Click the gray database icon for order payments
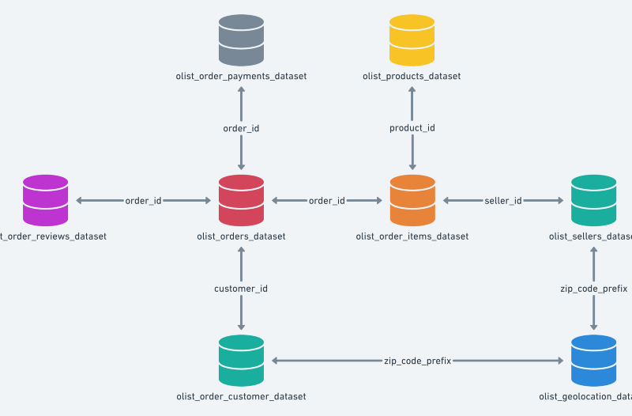tap(241, 40)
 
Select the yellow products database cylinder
tap(412, 40)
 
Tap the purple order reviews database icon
tap(46, 200)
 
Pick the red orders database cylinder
tap(241, 200)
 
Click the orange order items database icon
tap(412, 200)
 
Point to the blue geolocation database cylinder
tap(593, 361)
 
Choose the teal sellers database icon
tap(593, 200)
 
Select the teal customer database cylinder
tap(241, 361)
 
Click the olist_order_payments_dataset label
tap(241, 76)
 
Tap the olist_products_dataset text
tap(412, 76)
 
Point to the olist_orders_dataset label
tap(241, 236)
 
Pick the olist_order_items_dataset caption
tap(412, 236)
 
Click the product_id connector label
tap(412, 128)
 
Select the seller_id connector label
tap(502, 201)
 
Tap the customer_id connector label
tap(241, 289)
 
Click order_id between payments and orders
tap(241, 128)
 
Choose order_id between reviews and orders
tap(143, 201)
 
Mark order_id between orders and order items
tap(326, 201)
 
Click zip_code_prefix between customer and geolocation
tap(417, 361)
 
